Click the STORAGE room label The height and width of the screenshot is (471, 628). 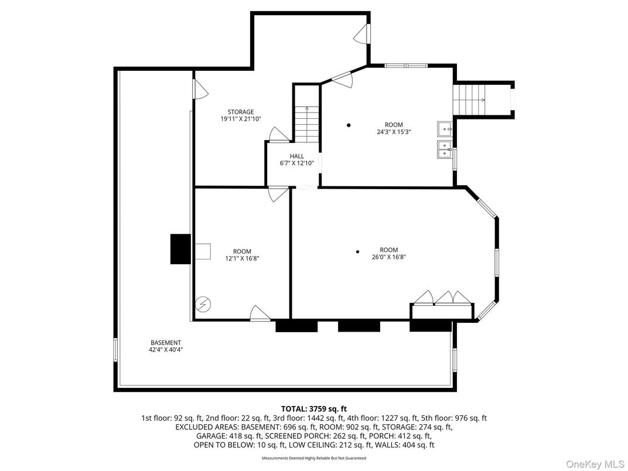[241, 111]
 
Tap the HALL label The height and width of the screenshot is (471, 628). [297, 156]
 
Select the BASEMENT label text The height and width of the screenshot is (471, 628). [166, 343]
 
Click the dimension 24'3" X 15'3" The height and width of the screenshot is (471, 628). [394, 132]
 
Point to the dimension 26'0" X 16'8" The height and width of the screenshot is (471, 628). [388, 257]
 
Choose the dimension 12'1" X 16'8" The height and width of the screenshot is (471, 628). [243, 258]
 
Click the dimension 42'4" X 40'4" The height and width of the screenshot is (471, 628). [166, 350]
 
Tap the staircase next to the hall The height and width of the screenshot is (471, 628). [306, 124]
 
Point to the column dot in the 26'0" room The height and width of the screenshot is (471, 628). [357, 252]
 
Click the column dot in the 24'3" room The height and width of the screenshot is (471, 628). [349, 125]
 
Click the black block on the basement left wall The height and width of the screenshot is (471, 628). [180, 248]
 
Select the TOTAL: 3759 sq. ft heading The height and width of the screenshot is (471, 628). [314, 408]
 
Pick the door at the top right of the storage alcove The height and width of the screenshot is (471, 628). [364, 33]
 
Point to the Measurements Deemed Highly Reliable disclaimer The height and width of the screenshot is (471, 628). [314, 458]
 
